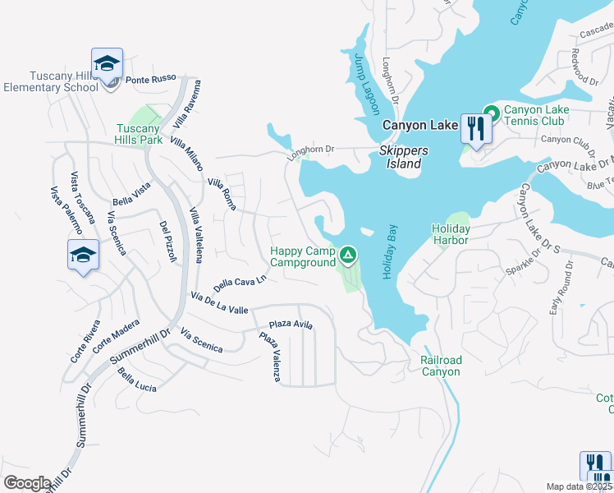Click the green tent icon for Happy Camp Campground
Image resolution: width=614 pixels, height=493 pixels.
click(x=348, y=255)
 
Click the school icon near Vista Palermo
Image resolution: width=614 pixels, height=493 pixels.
click(x=83, y=256)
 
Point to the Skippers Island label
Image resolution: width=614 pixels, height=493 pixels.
click(x=400, y=158)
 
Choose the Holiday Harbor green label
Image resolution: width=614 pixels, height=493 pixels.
click(x=451, y=234)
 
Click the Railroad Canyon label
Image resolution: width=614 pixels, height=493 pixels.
click(x=441, y=366)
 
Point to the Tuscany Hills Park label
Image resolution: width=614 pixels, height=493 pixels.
click(x=138, y=135)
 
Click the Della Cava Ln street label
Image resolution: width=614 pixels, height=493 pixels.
click(x=241, y=283)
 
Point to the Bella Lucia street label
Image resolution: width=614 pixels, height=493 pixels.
click(x=137, y=380)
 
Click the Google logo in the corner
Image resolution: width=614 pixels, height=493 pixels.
click(x=27, y=483)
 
